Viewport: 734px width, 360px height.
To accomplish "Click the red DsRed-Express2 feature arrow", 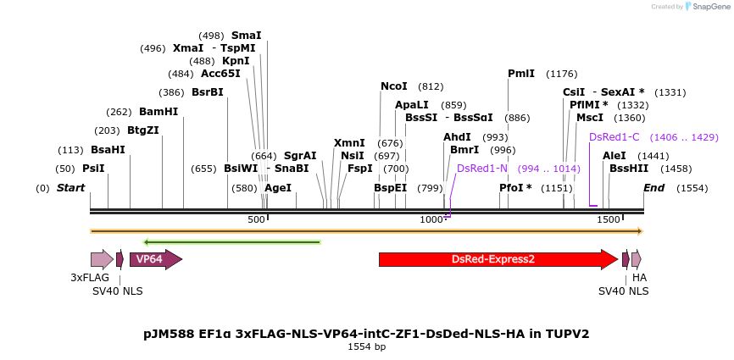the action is click(x=498, y=259).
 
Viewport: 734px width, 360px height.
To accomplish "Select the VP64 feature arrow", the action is click(x=156, y=259).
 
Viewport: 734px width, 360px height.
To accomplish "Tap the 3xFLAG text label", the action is click(x=90, y=277).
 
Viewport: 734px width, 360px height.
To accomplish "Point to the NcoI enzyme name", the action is click(x=394, y=86).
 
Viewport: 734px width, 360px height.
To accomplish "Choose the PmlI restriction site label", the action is click(x=521, y=74).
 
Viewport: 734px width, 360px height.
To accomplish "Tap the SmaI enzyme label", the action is click(x=247, y=36).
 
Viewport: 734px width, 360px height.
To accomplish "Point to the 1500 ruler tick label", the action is click(x=610, y=219).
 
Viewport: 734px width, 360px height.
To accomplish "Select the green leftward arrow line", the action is click(x=231, y=242).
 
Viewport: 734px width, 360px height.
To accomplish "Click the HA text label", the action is click(x=639, y=277).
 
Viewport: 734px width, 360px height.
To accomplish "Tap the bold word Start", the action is click(x=70, y=188).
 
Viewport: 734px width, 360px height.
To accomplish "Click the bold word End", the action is click(x=654, y=188).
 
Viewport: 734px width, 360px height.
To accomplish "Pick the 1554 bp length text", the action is click(x=366, y=347).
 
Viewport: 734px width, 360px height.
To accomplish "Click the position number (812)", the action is click(x=431, y=86).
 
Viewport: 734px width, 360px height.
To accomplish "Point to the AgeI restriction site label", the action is click(x=278, y=188).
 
